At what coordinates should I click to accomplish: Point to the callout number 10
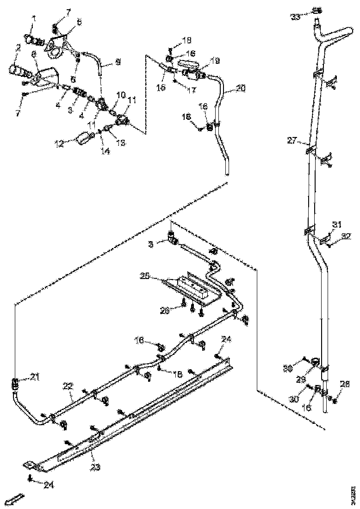pos(121,94)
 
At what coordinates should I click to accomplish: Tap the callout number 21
pos(35,378)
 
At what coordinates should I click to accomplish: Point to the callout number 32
pos(346,236)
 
